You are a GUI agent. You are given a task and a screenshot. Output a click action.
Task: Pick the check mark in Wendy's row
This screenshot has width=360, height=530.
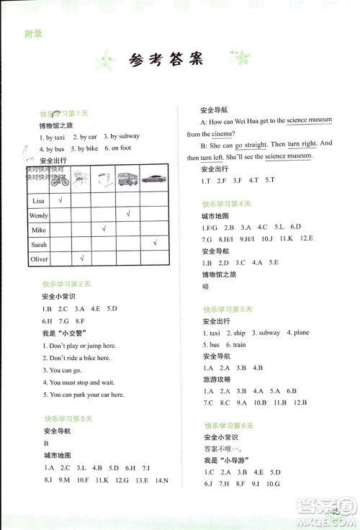pos(127,213)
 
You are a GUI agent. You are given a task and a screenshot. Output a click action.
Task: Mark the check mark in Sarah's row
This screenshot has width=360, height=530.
pos(154,243)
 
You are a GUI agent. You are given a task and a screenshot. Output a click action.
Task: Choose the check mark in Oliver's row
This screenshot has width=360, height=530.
pos(83,258)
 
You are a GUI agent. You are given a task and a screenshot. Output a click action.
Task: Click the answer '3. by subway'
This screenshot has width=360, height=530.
pos(121,136)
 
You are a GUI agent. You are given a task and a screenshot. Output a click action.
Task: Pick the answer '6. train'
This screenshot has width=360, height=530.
pos(235,345)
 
